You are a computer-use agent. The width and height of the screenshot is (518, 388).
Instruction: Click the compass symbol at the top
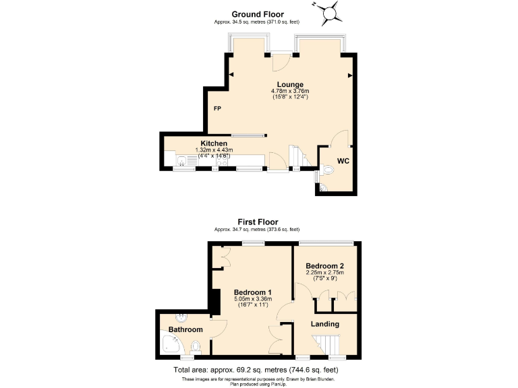(329, 11)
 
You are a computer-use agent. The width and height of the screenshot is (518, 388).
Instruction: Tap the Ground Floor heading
(257, 14)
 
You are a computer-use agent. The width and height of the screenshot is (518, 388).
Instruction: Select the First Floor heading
(257, 222)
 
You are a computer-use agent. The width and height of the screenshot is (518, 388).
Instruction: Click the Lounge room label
(289, 84)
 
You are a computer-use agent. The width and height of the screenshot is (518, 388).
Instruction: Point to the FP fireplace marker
(218, 108)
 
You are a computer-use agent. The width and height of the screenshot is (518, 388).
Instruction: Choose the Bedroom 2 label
(324, 265)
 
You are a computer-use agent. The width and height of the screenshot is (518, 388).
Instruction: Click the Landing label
(324, 324)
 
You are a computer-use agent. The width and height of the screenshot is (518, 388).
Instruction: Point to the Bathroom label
(185, 329)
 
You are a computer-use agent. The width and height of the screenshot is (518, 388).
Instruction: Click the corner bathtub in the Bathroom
(171, 345)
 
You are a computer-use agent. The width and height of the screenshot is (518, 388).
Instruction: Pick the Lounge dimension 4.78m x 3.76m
(289, 91)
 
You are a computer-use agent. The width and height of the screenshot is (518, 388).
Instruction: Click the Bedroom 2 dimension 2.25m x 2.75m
(324, 272)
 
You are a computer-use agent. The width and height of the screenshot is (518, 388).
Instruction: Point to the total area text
(256, 370)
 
